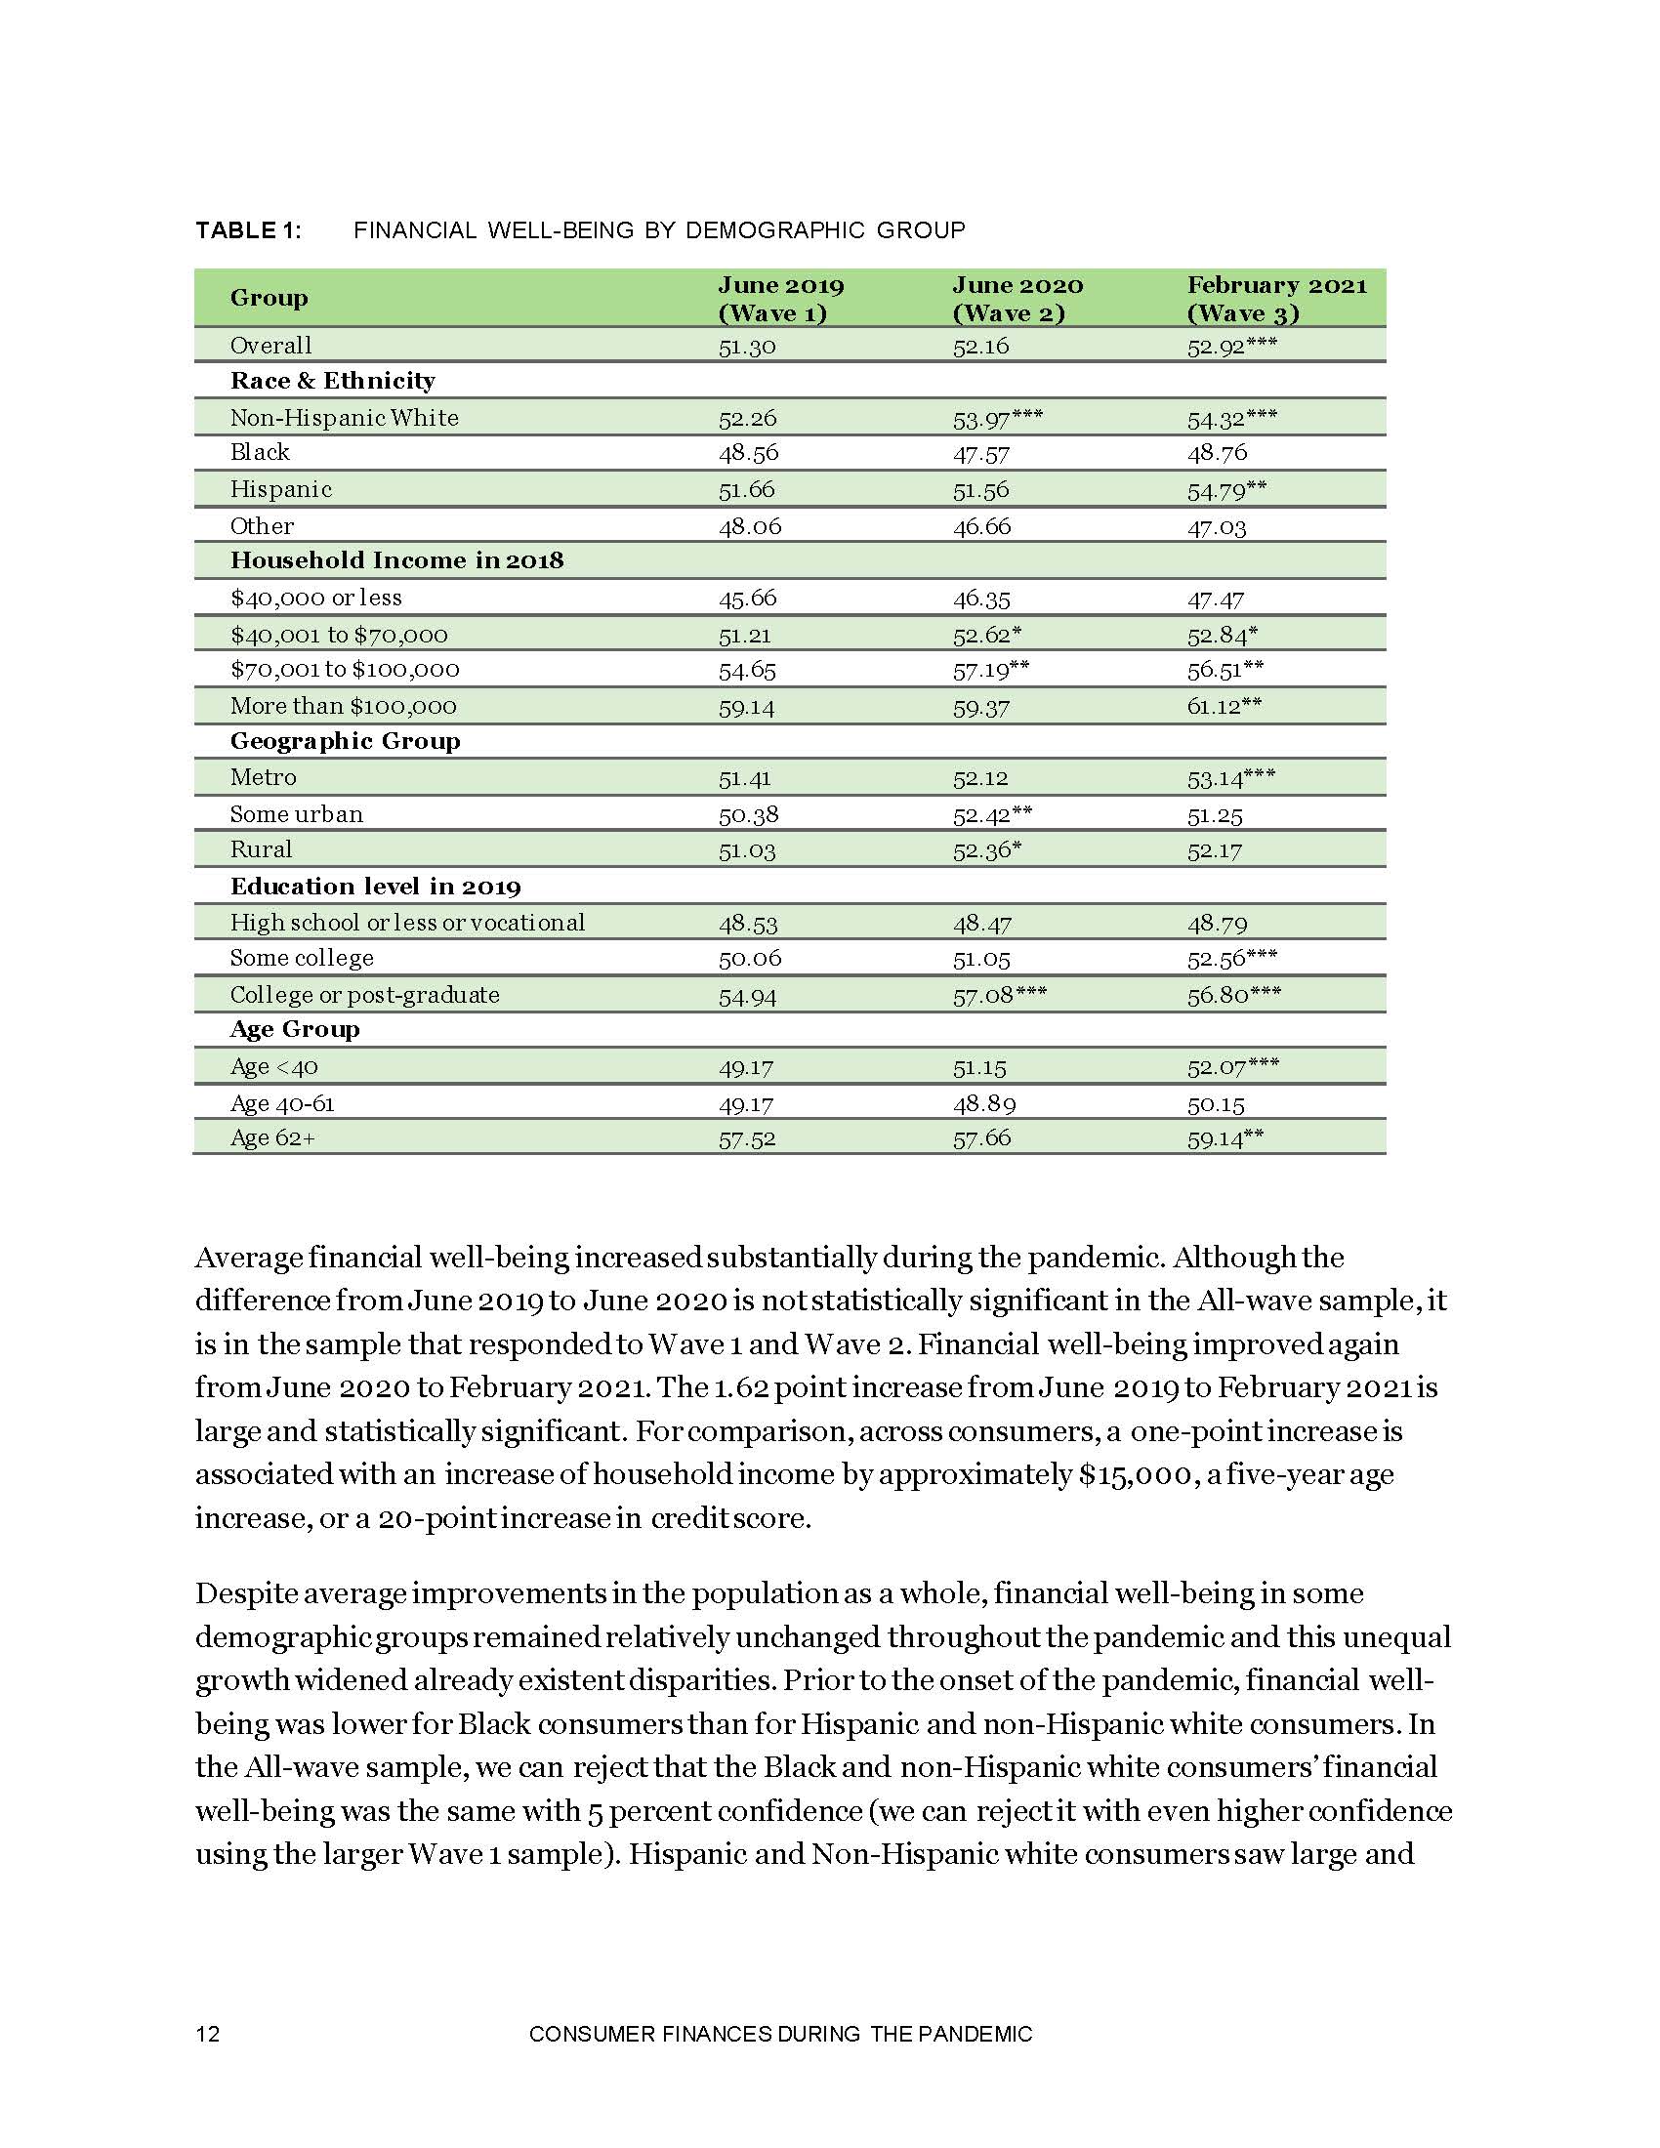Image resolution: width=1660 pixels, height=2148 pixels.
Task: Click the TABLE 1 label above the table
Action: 248,230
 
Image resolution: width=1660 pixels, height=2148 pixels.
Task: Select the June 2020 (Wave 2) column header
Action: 1017,299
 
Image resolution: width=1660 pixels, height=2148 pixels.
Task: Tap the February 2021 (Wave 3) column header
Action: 1276,299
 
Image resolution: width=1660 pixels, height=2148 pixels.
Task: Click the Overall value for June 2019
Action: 746,347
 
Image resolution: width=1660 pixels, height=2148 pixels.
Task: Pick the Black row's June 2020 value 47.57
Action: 980,453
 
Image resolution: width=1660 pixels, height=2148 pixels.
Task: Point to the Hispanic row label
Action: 281,490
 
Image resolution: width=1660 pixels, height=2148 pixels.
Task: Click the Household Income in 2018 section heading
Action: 396,560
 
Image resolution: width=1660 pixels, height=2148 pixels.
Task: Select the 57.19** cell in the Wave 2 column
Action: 990,671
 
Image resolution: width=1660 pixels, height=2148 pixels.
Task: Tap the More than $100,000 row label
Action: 343,706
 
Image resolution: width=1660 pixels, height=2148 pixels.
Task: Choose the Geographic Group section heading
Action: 345,742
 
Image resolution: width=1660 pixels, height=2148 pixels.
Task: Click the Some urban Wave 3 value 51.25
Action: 1215,815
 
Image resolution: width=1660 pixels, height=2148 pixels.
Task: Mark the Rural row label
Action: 261,849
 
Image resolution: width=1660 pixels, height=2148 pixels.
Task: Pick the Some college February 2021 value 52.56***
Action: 1232,959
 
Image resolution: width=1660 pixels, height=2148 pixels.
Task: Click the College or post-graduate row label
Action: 365,995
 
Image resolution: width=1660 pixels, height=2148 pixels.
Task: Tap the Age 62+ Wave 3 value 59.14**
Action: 1224,1138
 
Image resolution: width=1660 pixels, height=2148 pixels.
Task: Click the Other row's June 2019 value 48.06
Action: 749,527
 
